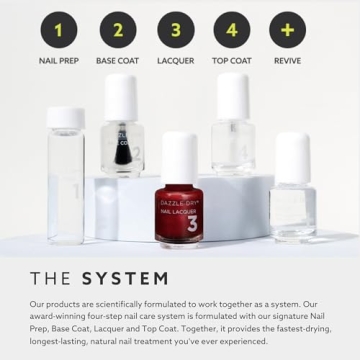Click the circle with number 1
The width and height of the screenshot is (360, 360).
[58, 29]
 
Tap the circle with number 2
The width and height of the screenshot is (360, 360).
[117, 29]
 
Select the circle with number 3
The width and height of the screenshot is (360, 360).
[175, 29]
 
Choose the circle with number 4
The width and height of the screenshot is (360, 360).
[233, 29]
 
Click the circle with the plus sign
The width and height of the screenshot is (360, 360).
[288, 29]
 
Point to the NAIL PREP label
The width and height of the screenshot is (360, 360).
[58, 60]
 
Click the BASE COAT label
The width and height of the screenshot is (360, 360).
[117, 60]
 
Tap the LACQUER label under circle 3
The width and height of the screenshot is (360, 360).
[175, 60]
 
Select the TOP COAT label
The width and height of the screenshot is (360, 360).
[232, 60]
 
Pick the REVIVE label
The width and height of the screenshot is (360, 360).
[288, 60]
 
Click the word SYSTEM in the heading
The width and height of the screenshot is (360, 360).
[125, 278]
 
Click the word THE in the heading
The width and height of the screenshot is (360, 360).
[50, 278]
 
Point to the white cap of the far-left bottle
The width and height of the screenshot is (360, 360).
[66, 118]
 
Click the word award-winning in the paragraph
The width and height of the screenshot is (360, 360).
[57, 315]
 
